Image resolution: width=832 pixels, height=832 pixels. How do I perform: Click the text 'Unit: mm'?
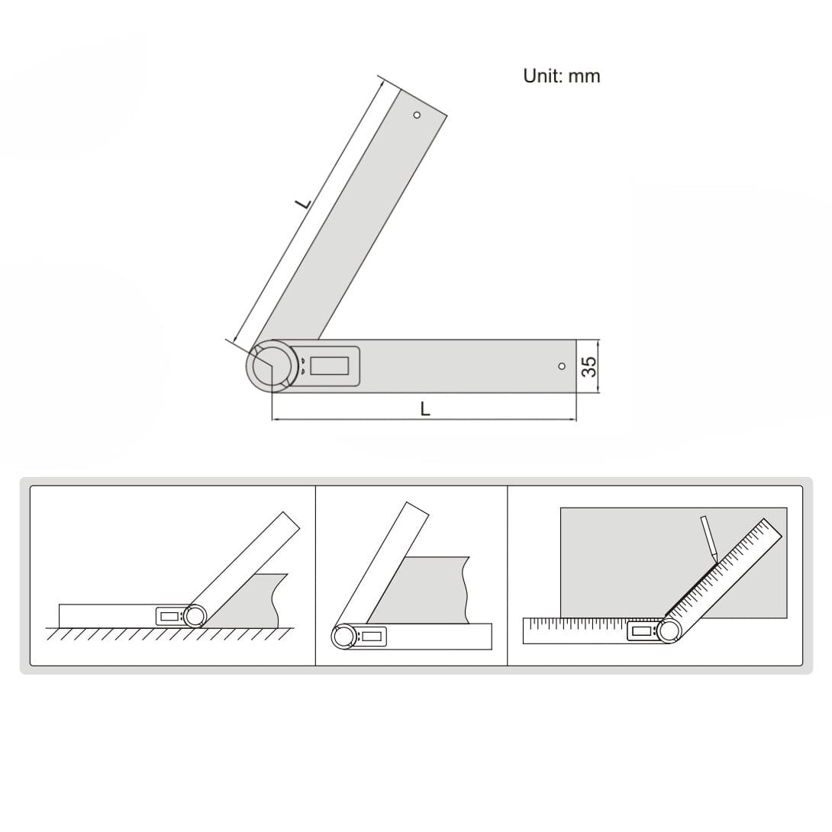click(x=561, y=76)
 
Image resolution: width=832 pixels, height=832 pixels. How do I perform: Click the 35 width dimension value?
click(x=589, y=366)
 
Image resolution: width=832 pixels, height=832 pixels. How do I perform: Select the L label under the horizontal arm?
click(x=425, y=409)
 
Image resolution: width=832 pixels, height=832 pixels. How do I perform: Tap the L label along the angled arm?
click(x=303, y=204)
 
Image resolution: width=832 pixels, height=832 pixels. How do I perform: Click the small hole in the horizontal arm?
click(x=562, y=366)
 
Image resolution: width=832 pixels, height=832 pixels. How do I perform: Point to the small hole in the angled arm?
click(x=417, y=115)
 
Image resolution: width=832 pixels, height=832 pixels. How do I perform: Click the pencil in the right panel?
click(x=708, y=539)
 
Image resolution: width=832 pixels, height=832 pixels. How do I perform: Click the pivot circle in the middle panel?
click(x=343, y=636)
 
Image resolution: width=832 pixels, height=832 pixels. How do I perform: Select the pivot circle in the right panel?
click(x=669, y=630)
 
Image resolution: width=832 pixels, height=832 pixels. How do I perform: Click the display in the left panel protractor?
click(x=168, y=617)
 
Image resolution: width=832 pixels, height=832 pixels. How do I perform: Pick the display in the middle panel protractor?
click(x=372, y=636)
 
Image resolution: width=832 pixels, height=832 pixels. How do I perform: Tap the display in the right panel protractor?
click(x=641, y=630)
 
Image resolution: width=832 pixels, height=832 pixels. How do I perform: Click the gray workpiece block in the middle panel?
click(x=427, y=592)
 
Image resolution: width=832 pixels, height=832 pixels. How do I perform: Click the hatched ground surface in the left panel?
click(x=168, y=634)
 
